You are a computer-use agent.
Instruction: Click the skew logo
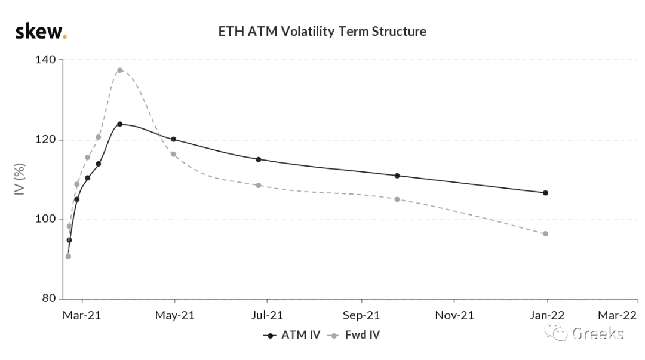click(x=41, y=32)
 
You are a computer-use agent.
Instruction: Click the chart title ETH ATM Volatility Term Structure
click(x=322, y=31)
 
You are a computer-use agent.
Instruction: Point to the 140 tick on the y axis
click(x=45, y=60)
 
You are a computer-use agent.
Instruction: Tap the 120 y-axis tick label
click(x=45, y=140)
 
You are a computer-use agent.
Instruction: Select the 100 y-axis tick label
click(x=45, y=219)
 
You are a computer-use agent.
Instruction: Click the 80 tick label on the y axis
click(x=48, y=299)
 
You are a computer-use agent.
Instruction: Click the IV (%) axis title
click(x=20, y=179)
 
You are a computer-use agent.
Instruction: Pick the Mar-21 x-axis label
click(x=82, y=316)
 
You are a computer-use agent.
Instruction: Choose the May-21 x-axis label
click(x=174, y=316)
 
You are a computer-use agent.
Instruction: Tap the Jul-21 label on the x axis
click(x=267, y=316)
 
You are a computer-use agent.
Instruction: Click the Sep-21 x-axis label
click(x=361, y=316)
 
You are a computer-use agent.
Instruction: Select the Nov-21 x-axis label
click(x=454, y=316)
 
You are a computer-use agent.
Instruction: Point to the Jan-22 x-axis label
click(x=547, y=316)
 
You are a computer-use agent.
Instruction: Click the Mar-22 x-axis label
click(x=617, y=316)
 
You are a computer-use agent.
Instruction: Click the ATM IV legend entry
click(x=291, y=335)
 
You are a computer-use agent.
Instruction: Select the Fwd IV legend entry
click(x=354, y=335)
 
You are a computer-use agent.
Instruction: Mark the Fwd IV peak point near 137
click(x=119, y=70)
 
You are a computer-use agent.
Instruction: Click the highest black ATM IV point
click(x=119, y=124)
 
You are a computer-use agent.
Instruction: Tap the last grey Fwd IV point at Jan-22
click(x=545, y=233)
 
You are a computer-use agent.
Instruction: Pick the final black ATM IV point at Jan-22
click(x=545, y=193)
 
